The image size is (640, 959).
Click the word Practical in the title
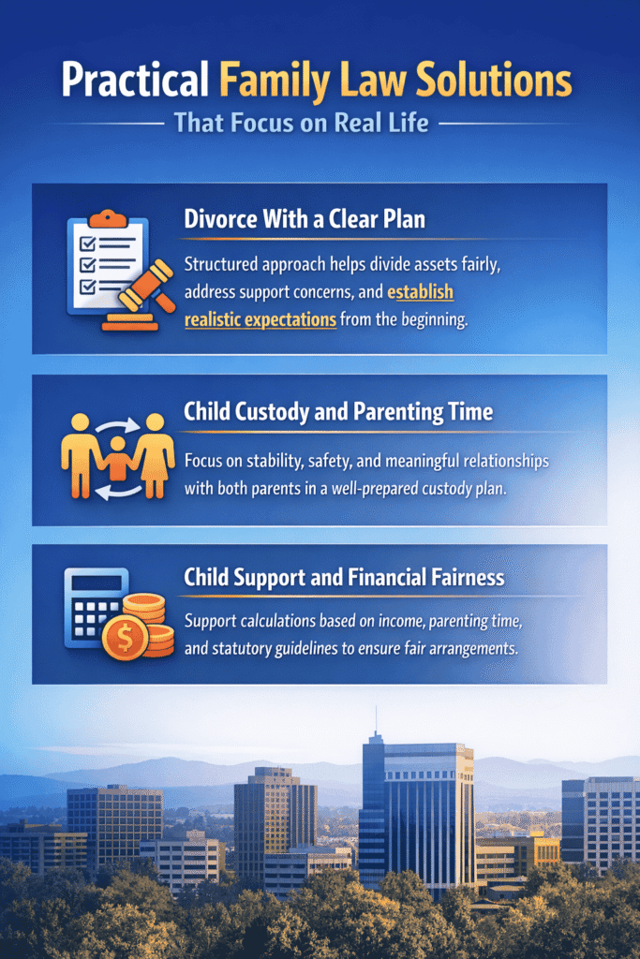click(135, 81)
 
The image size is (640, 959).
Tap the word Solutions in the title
click(494, 80)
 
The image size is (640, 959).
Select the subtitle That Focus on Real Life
click(301, 123)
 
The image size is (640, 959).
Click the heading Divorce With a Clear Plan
click(305, 219)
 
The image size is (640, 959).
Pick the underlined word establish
click(421, 292)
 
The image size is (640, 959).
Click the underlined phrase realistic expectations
click(260, 319)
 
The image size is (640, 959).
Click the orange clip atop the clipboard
click(108, 218)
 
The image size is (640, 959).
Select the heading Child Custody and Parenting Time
click(338, 412)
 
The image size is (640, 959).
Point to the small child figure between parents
click(117, 458)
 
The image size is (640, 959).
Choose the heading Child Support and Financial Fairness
click(344, 577)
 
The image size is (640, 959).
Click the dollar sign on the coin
click(125, 639)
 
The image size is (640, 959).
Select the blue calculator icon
click(95, 607)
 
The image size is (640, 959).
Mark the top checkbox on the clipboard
click(87, 244)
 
